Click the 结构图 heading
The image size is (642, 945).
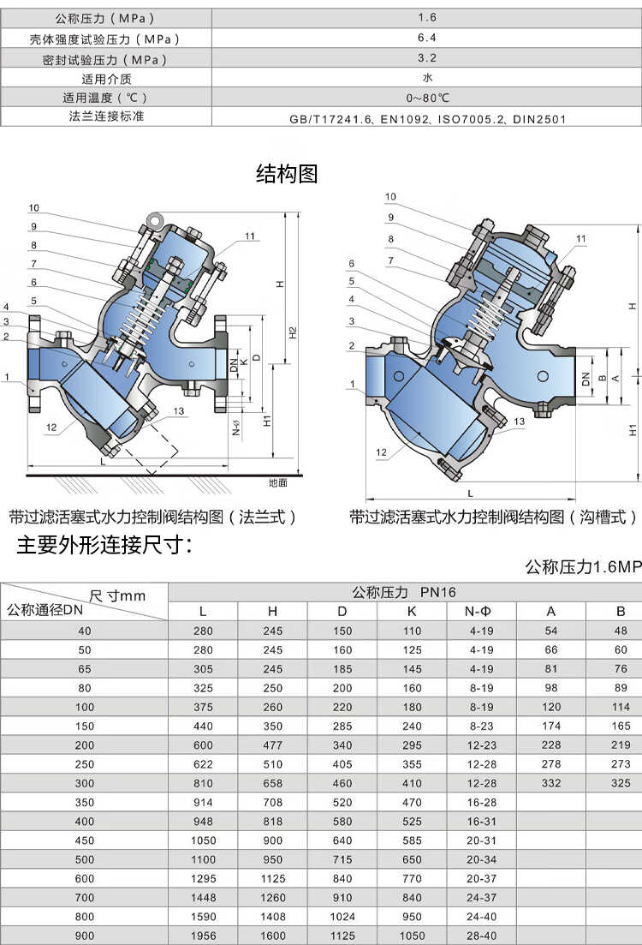click(x=287, y=174)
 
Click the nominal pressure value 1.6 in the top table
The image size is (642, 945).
click(x=427, y=17)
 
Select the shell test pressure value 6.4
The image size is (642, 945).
click(x=427, y=38)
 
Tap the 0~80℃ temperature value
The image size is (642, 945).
click(x=427, y=97)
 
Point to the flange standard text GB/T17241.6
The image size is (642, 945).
click(x=330, y=119)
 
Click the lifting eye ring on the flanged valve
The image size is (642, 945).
click(x=156, y=220)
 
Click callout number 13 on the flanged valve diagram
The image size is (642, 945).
click(x=178, y=411)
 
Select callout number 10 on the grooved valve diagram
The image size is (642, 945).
click(x=390, y=197)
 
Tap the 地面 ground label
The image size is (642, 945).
click(x=277, y=482)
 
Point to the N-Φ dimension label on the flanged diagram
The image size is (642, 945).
click(x=235, y=425)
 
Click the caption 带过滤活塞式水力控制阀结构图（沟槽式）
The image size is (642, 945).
click(x=493, y=517)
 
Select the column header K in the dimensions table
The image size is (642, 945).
click(x=412, y=611)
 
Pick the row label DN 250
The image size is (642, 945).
click(x=85, y=763)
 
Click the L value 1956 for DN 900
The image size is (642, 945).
click(x=203, y=936)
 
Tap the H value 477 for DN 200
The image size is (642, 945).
click(x=272, y=745)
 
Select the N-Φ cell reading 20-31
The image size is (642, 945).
click(x=482, y=840)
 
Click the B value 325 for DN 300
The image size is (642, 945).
click(x=621, y=783)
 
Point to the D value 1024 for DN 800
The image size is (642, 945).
click(x=342, y=917)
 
